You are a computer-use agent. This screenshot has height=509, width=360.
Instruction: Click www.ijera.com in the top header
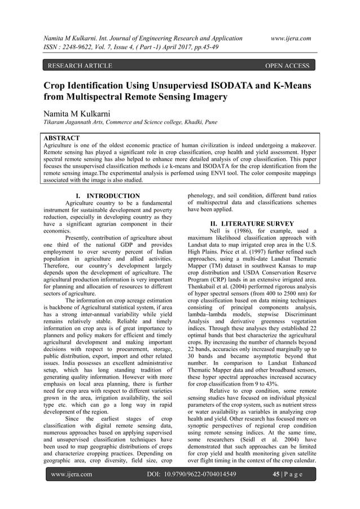(x=291, y=38)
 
